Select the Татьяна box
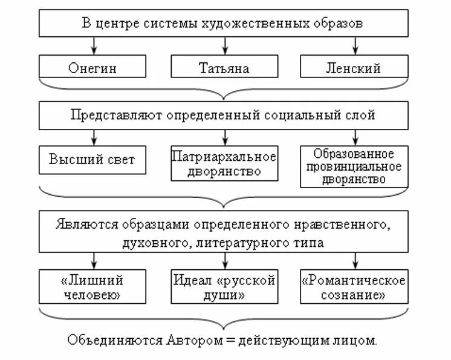click(x=224, y=68)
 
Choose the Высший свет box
click(x=92, y=160)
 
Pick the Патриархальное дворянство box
click(x=224, y=163)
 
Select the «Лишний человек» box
click(x=92, y=287)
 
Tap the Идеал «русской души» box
click(x=224, y=287)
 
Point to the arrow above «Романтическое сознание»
click(x=354, y=261)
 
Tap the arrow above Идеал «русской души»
click(x=224, y=261)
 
